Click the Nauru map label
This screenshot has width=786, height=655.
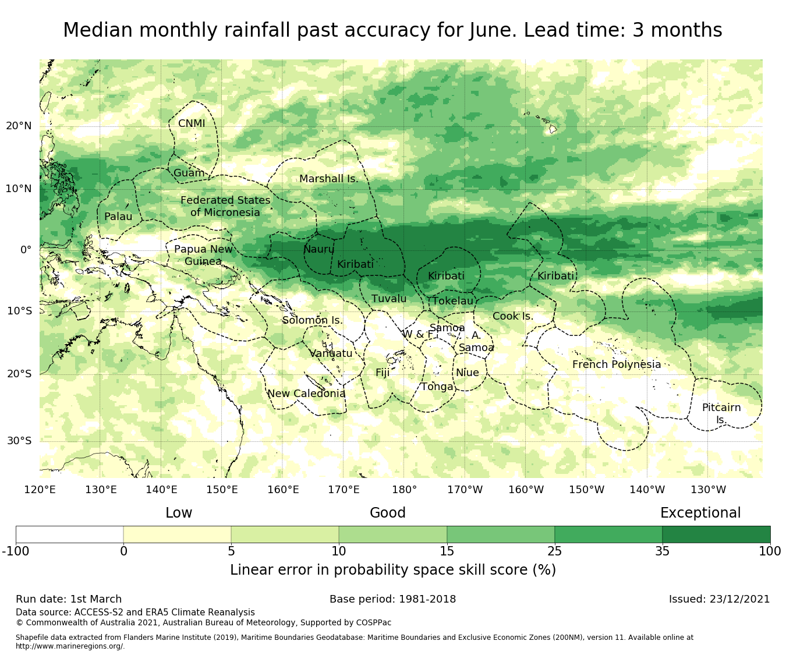(319, 250)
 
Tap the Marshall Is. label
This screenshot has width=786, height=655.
(329, 179)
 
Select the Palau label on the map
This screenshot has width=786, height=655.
(118, 217)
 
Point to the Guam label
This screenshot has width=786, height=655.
(189, 174)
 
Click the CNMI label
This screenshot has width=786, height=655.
(192, 124)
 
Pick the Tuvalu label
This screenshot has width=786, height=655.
(389, 299)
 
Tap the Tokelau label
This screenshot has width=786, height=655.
(453, 301)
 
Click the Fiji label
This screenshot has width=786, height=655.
(382, 373)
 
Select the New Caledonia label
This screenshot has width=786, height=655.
(306, 394)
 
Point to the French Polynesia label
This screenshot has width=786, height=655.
(617, 365)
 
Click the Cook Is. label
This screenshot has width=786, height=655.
(513, 317)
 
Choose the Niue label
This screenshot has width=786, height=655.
(468, 373)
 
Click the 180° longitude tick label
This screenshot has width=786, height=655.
(404, 490)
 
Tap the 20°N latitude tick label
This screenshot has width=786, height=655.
(19, 126)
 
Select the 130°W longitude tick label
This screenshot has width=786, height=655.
(707, 490)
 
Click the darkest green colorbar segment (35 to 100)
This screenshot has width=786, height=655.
(716, 534)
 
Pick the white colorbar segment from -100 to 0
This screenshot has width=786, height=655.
(69, 534)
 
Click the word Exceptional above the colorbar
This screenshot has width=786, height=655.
(700, 513)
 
